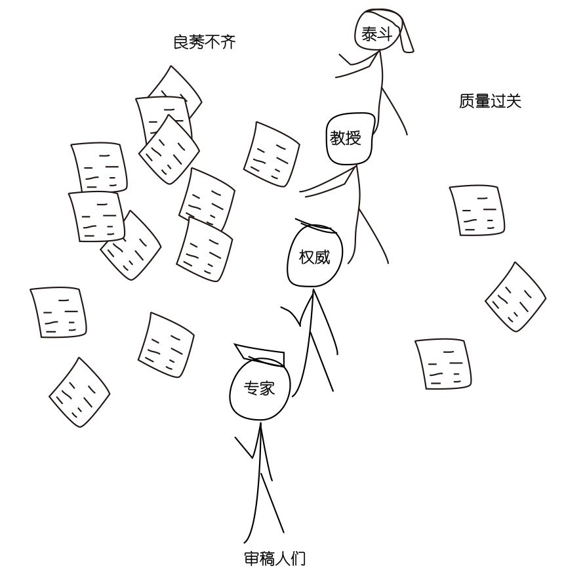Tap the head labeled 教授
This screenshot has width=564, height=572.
350,138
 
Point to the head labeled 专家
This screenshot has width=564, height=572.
259,390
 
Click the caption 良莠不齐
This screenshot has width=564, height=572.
204,43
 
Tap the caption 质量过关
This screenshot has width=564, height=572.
490,101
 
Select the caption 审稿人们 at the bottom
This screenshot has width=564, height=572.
275,559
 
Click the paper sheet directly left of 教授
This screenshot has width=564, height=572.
272,154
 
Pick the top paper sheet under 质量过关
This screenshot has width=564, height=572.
477,210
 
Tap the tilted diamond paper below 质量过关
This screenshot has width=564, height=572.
515,297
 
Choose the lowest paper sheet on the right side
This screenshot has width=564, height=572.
443,363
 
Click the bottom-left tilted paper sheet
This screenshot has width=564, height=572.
79,392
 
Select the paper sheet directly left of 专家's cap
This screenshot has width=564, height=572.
166,344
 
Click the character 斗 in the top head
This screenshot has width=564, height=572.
386,34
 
